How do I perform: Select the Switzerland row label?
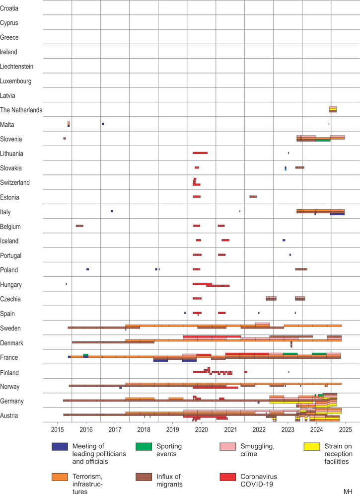(x=15, y=182)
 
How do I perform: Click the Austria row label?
(x=9, y=415)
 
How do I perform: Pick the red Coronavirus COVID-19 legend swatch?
(x=227, y=477)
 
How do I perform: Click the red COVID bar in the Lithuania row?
(x=200, y=153)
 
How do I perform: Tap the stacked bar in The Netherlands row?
(x=333, y=109)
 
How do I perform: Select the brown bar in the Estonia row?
(x=253, y=197)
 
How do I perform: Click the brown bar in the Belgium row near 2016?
(x=79, y=226)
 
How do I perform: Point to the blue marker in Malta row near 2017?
(x=103, y=124)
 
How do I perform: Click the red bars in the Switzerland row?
(x=196, y=182)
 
